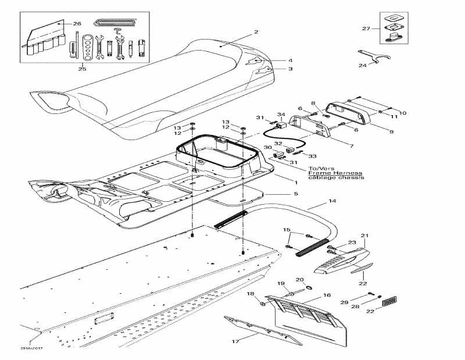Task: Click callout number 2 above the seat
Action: coord(256,31)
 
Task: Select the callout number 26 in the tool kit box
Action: coord(77,23)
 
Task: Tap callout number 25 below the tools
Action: coord(82,69)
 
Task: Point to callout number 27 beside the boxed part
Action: coord(366,28)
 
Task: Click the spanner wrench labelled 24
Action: coord(374,55)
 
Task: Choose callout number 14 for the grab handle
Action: coord(332,201)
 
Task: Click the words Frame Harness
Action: coord(335,173)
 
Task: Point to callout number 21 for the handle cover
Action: coord(364,236)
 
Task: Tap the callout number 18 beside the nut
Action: coord(251,295)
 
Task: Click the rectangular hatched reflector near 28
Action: coord(389,302)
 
